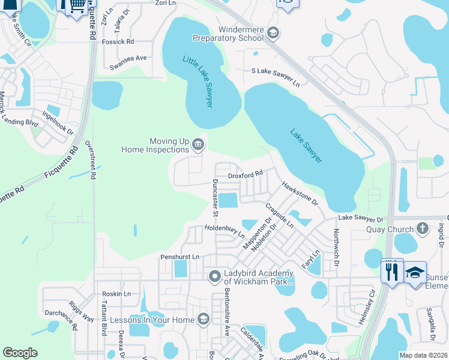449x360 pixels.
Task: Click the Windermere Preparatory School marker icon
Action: click(273, 32)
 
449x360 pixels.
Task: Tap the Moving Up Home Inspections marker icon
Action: click(198, 145)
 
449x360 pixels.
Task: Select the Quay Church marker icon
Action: click(423, 229)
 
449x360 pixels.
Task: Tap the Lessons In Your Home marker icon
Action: click(203, 319)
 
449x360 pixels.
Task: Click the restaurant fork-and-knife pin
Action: click(392, 271)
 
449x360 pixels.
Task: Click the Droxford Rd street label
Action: click(246, 175)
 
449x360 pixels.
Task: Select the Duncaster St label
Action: click(214, 197)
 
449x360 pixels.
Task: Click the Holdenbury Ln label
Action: click(224, 229)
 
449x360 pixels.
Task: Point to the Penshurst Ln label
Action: click(179, 257)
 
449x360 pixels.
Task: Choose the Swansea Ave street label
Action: click(125, 58)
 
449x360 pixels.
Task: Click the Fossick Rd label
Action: click(118, 41)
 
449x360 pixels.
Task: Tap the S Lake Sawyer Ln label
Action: click(275, 73)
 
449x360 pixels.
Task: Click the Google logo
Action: click(20, 353)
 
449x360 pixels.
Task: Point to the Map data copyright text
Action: click(423, 355)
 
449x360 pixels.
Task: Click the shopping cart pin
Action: click(75, 5)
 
